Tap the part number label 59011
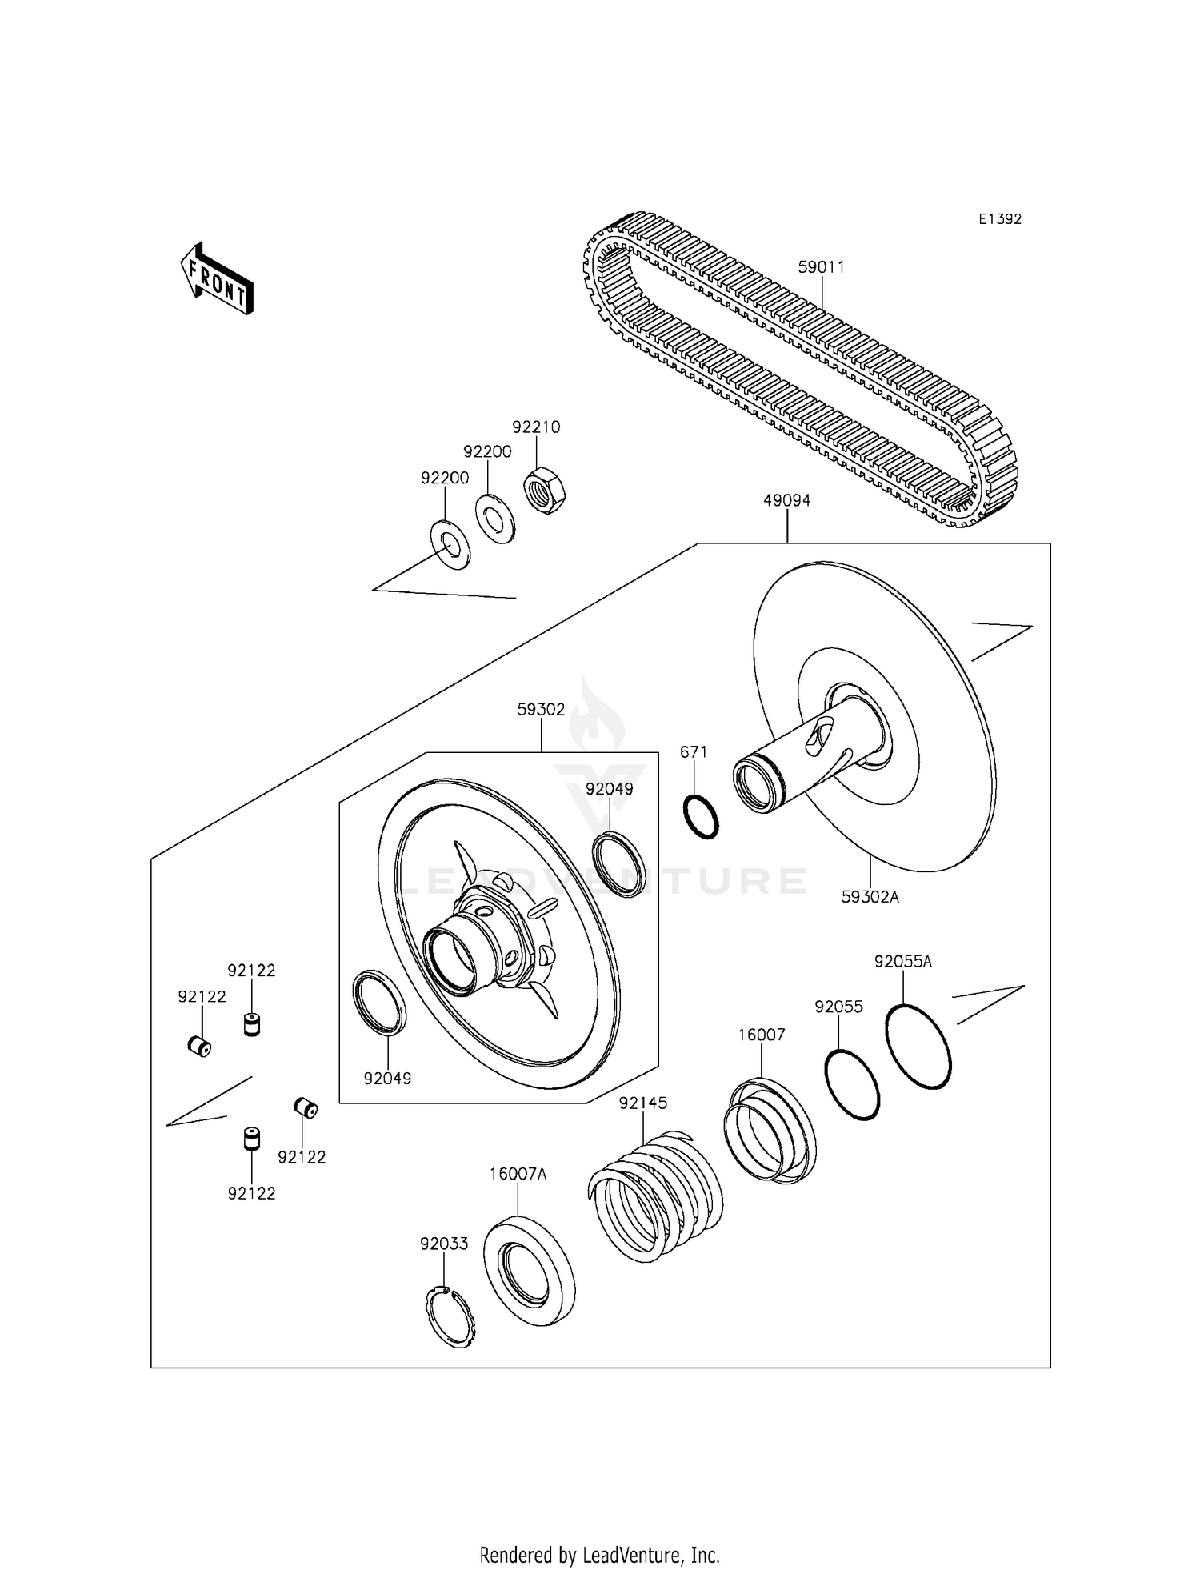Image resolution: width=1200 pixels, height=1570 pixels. click(821, 267)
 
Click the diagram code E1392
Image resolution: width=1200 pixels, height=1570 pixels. click(999, 219)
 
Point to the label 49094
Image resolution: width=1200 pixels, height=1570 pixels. click(786, 501)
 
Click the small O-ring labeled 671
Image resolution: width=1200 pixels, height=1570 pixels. click(702, 817)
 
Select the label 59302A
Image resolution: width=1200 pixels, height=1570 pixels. click(870, 897)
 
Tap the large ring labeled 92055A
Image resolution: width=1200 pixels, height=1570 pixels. click(918, 1046)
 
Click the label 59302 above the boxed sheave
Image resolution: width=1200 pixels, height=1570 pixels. click(541, 710)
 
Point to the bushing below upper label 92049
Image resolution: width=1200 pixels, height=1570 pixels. click(620, 864)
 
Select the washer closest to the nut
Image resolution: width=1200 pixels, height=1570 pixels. click(495, 519)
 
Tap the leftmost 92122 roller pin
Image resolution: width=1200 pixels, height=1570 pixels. click(199, 1046)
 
